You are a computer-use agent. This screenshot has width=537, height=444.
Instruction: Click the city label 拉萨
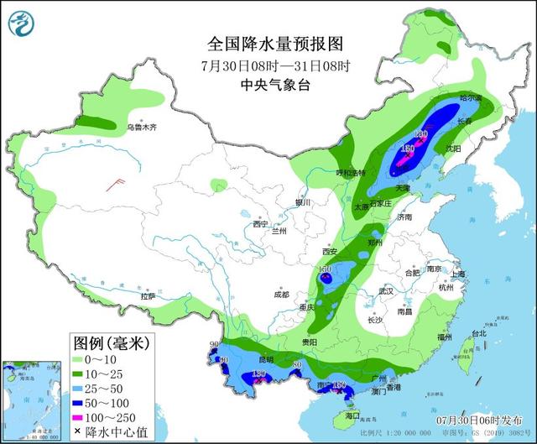tap(148, 296)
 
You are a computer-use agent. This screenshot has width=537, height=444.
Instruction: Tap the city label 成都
tap(280, 295)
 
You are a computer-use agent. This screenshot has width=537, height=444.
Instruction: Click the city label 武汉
tap(386, 290)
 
